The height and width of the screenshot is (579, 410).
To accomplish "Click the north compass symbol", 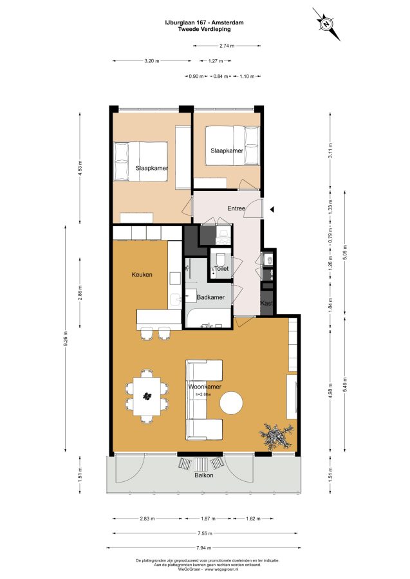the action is click(x=326, y=24).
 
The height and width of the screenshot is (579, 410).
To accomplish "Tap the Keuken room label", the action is click(x=142, y=275).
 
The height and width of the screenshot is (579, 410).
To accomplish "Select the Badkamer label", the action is click(x=210, y=297).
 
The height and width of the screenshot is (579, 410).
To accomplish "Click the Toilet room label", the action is click(x=221, y=269).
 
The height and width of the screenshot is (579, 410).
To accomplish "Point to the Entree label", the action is click(x=236, y=208).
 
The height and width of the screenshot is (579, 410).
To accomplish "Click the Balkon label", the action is click(x=204, y=475).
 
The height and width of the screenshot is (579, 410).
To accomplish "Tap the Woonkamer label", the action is click(x=205, y=387).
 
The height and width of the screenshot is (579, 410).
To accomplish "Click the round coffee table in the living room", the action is click(x=232, y=402).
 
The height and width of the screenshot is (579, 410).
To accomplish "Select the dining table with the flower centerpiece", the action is click(x=147, y=396).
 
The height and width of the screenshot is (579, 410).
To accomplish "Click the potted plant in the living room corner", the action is click(x=277, y=436).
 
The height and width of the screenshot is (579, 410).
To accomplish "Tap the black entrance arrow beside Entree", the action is click(x=272, y=210).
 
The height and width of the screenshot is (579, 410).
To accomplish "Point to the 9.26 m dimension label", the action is click(x=66, y=338).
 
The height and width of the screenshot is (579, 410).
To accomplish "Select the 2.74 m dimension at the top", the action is click(x=227, y=46).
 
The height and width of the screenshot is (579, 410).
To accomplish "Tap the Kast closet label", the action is click(x=266, y=303).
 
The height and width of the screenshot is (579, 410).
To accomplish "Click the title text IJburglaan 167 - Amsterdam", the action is click(x=204, y=23).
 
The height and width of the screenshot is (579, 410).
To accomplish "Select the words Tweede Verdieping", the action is click(x=204, y=29).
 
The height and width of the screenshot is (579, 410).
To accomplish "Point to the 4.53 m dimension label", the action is click(x=80, y=168).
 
